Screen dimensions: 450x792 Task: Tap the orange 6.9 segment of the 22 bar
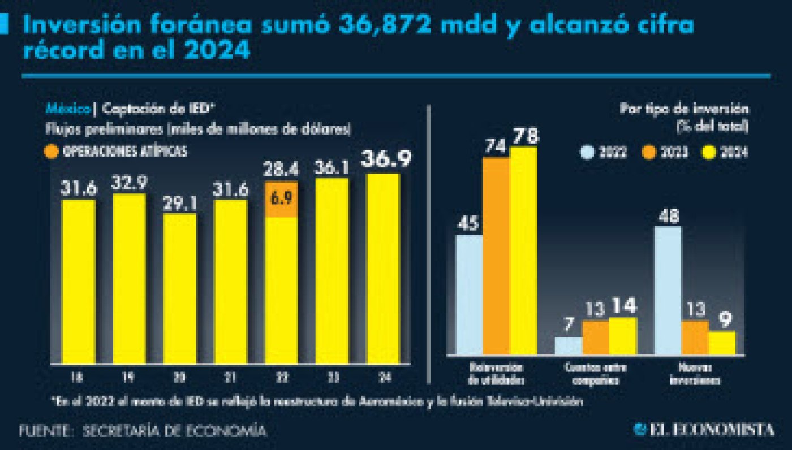pos(281,199)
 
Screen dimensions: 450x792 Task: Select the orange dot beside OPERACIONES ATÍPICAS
pos(51,152)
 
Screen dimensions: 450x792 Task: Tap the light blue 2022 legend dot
pos(588,152)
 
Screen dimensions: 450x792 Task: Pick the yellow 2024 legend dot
pos(707,152)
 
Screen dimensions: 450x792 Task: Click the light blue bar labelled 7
pos(568,345)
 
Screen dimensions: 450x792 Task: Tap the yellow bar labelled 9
pos(722,343)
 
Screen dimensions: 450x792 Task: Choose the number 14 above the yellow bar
pos(623,306)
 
